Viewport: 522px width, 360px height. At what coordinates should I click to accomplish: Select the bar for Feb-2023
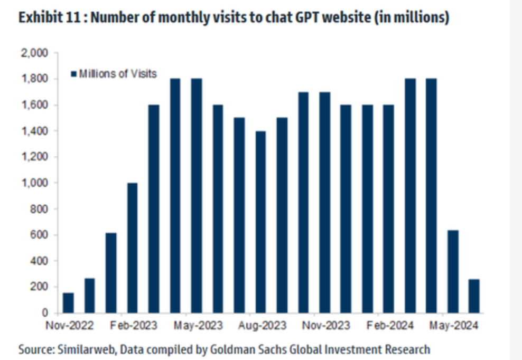133,248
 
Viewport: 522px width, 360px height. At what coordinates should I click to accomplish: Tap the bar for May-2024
452,271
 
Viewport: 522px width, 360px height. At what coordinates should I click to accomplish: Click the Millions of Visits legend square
74,74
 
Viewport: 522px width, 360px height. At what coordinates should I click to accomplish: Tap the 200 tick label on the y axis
41,287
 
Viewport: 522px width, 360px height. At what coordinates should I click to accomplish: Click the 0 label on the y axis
45,313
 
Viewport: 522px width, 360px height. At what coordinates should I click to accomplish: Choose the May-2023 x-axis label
198,326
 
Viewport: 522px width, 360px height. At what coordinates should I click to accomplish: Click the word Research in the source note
408,349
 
